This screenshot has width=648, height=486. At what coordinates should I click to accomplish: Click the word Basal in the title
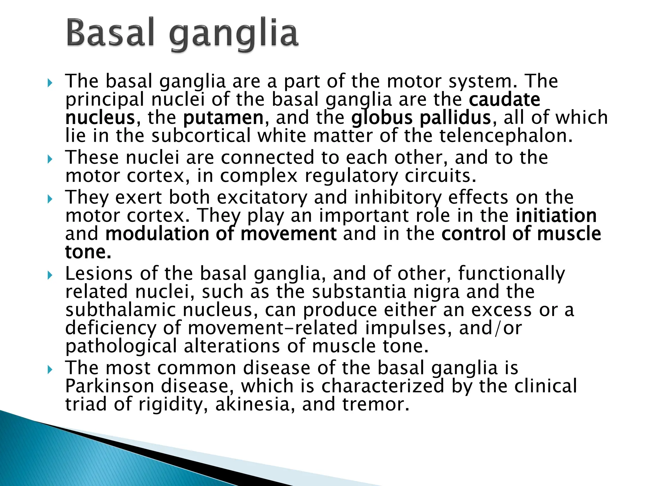tap(110, 33)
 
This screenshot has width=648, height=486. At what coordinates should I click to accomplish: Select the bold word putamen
tap(223, 118)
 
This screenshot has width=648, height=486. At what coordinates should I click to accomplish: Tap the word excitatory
tap(262, 197)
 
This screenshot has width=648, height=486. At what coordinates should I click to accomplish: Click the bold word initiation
tap(556, 216)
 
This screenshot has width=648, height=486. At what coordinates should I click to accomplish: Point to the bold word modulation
tap(157, 234)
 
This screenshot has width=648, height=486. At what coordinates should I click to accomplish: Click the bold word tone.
tap(88, 252)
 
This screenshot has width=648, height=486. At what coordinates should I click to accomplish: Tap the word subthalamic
tap(120, 310)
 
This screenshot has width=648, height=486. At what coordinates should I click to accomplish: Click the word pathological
tap(121, 346)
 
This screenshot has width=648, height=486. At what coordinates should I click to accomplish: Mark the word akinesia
tap(252, 404)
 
